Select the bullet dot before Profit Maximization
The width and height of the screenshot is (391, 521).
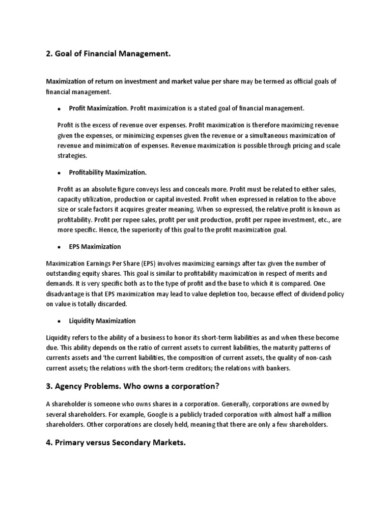point(59,109)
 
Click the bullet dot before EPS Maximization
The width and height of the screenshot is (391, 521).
point(59,247)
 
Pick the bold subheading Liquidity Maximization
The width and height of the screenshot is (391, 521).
point(102,321)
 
